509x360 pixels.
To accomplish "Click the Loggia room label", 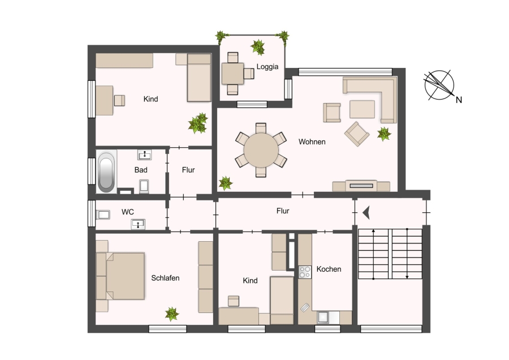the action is pos(267,67).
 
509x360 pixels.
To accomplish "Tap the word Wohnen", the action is pos(312,142).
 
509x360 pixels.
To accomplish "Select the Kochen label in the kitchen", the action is pos(329,269).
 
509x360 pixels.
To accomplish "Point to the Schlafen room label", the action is pos(165,278).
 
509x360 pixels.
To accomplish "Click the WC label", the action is pos(128,212).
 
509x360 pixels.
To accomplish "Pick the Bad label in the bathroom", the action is pos(141,170).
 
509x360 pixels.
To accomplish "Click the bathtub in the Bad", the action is pos(106,172).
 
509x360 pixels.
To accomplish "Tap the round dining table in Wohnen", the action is pos(261,150).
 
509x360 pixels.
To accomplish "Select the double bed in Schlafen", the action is pos(120,276).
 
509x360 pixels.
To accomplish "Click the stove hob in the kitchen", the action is pos(305,272).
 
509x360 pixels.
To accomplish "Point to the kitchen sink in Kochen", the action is pos(323,317).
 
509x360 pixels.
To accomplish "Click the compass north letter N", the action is pos(459,100).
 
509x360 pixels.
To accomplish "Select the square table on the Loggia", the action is pos(232,74).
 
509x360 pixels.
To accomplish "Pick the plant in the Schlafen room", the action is pos(172,314).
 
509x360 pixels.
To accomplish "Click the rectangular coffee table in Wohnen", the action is pos(362,109).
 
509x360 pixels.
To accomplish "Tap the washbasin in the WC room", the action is pos(138,224).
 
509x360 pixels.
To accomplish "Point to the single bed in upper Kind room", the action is pos(199,78).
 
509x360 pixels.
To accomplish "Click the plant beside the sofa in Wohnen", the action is pos(384,134).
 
